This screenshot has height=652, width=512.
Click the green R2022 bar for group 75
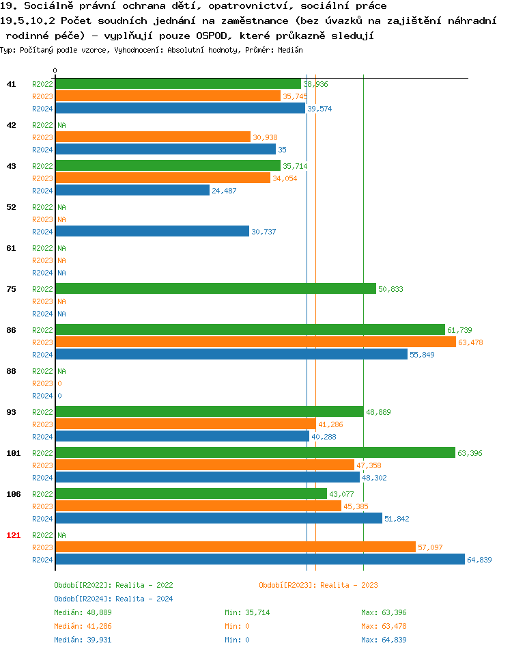tap(216, 289)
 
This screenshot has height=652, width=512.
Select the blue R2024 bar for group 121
tap(260, 560)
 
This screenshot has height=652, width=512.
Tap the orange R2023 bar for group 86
tap(255, 342)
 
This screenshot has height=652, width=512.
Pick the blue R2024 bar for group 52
tap(152, 232)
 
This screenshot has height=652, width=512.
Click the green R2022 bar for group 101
tap(255, 453)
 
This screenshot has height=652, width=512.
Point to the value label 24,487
tap(224, 191)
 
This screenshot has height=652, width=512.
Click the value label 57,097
tap(431, 547)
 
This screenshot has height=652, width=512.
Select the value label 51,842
tap(397, 519)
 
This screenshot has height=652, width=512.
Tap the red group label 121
tap(13, 535)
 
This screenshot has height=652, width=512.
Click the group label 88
tap(11, 371)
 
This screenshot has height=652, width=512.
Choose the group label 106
tap(13, 494)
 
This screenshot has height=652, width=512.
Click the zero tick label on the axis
tap(55, 70)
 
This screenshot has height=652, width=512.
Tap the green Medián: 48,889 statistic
tap(83, 612)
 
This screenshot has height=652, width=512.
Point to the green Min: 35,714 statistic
tap(247, 612)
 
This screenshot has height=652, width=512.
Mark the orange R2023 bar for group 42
tap(153, 137)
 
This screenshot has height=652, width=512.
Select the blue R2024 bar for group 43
tap(132, 191)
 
